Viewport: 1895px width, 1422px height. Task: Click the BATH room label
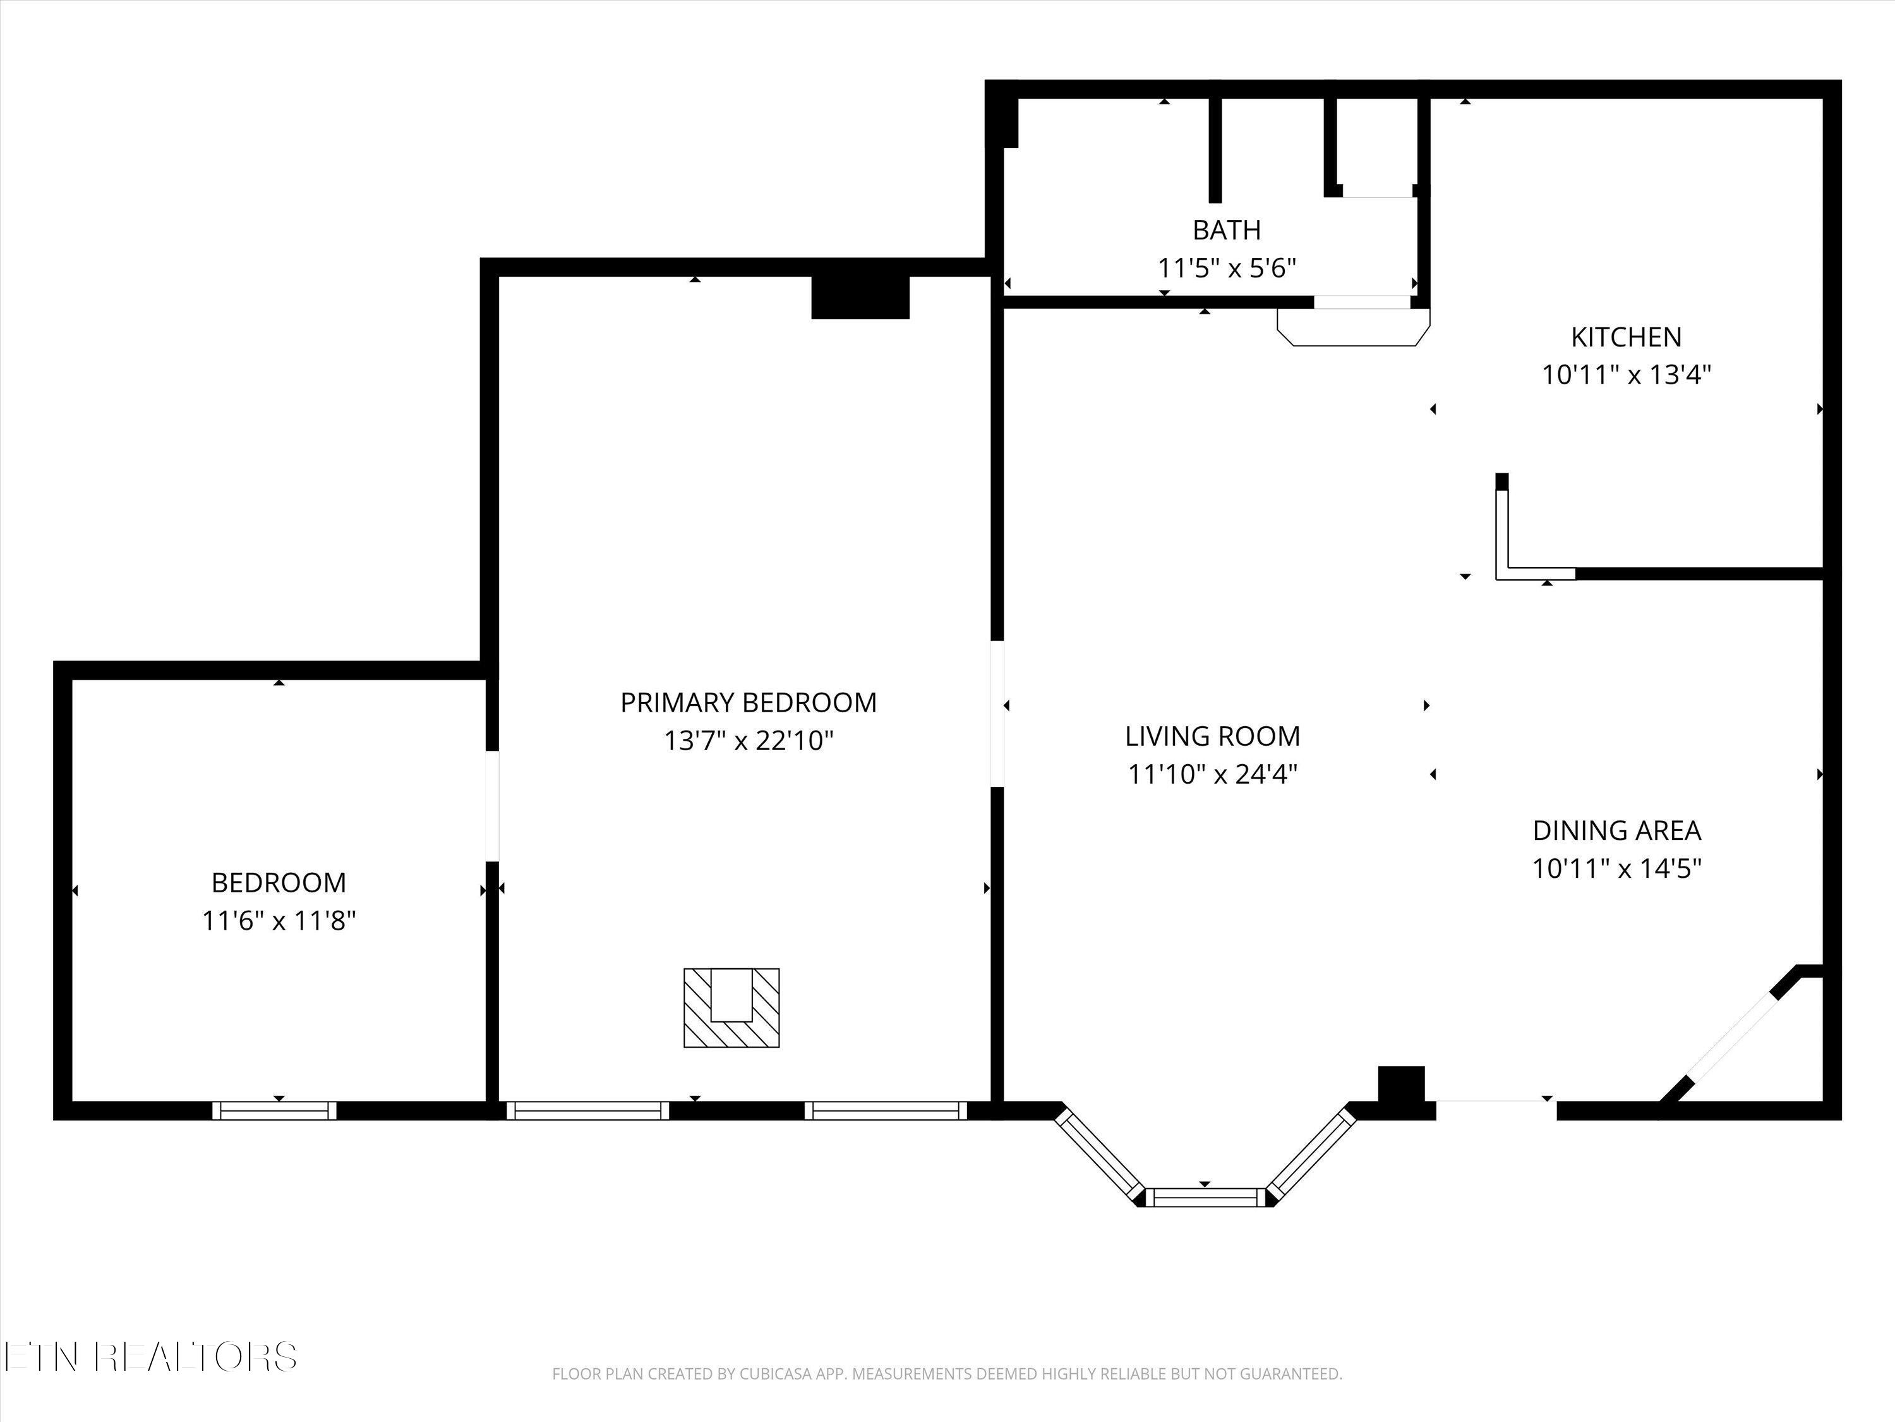click(1226, 229)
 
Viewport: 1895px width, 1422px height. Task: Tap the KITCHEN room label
click(1626, 337)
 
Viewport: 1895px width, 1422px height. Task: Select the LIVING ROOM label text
click(1212, 736)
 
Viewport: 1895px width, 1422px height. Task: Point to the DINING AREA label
click(1616, 830)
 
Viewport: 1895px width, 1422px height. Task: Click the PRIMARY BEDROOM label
click(748, 703)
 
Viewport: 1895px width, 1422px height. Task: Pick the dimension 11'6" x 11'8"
click(279, 921)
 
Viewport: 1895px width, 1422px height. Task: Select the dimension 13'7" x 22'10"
click(748, 741)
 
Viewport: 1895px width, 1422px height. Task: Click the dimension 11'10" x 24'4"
click(1212, 775)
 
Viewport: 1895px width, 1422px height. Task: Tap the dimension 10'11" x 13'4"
click(1626, 375)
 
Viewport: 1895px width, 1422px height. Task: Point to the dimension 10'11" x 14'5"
click(1616, 868)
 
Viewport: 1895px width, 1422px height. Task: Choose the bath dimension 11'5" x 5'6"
click(1226, 269)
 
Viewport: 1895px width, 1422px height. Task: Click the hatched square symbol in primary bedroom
click(731, 1007)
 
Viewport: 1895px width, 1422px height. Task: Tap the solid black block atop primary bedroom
click(860, 298)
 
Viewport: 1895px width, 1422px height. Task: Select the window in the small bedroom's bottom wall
click(274, 1111)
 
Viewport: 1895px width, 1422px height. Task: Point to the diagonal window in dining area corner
click(1729, 1047)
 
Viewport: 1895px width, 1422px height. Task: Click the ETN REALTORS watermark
click(151, 1356)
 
